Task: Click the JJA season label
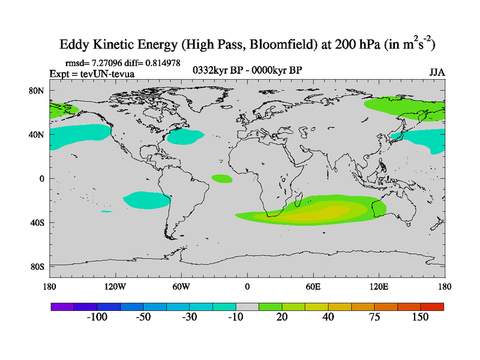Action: pyautogui.click(x=436, y=73)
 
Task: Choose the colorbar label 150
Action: pyautogui.click(x=420, y=317)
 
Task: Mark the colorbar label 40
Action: pyautogui.click(x=328, y=317)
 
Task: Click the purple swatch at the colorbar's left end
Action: pyautogui.click(x=62, y=307)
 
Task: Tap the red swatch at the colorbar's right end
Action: pyautogui.click(x=432, y=307)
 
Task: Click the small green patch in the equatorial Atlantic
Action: pyautogui.click(x=222, y=178)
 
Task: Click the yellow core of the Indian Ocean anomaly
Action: pyautogui.click(x=327, y=212)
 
